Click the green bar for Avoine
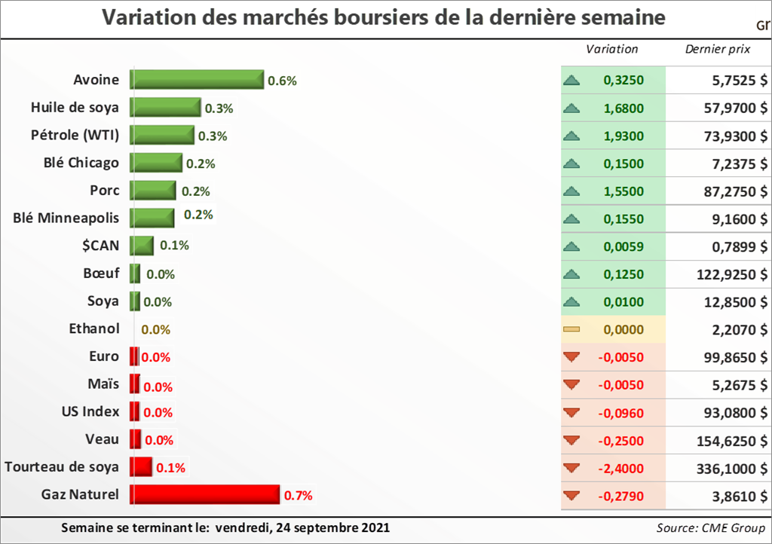[x=197, y=80]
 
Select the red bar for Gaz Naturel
[x=204, y=495]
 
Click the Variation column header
[x=612, y=50]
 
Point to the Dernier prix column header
[x=716, y=50]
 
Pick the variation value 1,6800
[x=623, y=108]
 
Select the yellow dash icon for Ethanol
[x=571, y=329]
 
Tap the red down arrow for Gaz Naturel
[x=571, y=496]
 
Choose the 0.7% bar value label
[x=298, y=496]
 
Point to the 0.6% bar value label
[x=283, y=81]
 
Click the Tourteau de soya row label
[x=62, y=467]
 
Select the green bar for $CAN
[x=142, y=246]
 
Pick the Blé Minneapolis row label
[x=66, y=219]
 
